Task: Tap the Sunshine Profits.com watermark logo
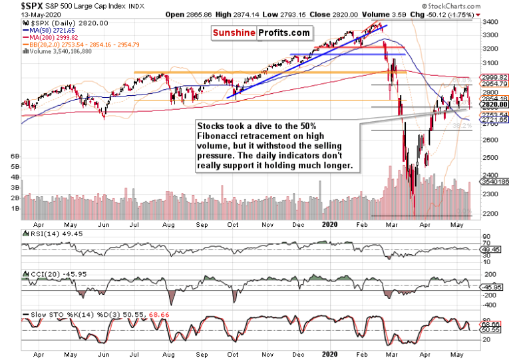(261, 32)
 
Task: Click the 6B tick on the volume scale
(15, 155)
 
